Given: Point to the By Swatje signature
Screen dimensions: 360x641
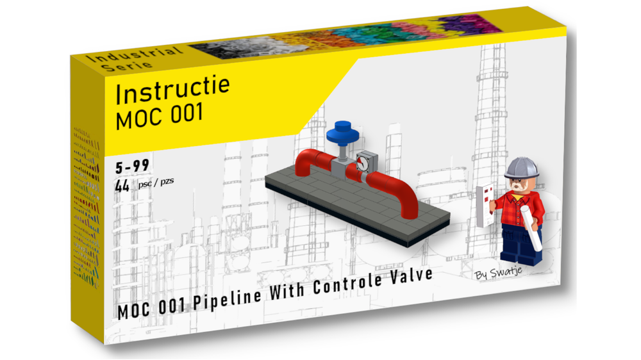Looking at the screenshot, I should click(499, 274).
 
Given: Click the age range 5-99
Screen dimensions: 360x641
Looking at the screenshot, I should click(132, 167).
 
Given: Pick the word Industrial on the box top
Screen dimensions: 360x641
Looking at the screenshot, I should click(126, 54).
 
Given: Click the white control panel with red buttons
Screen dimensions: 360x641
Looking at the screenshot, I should click(485, 204).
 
